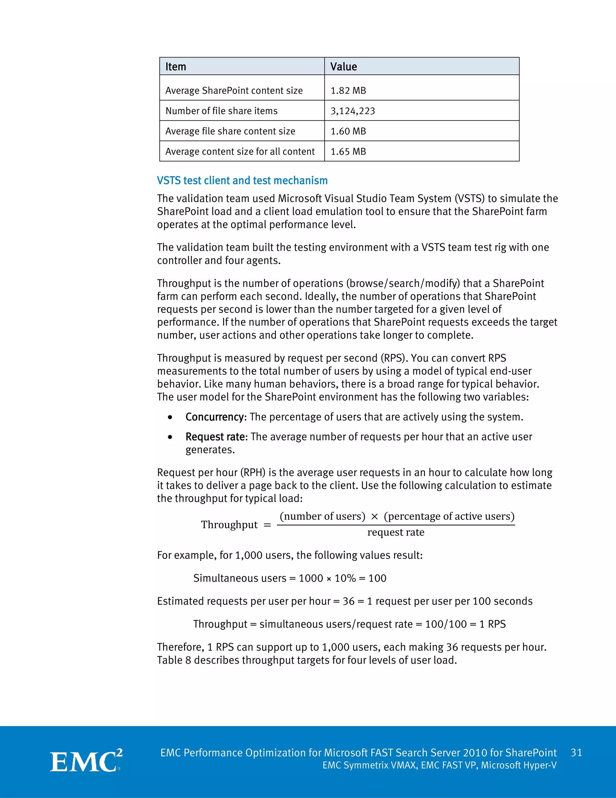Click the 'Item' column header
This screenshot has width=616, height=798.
[176, 67]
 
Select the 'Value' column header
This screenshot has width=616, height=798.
[343, 67]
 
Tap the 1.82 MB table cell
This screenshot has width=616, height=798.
[348, 90]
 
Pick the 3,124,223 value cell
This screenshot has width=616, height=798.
[353, 111]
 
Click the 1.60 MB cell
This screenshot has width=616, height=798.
[348, 131]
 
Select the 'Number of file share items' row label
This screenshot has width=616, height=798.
[221, 111]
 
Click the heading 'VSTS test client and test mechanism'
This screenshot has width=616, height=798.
[242, 180]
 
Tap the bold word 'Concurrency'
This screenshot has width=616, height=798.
[214, 417]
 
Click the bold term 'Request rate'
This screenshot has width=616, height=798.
[215, 437]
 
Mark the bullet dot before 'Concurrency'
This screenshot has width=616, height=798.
[170, 417]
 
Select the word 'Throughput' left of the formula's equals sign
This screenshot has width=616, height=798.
[229, 525]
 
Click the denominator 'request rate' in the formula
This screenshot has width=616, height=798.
[396, 532]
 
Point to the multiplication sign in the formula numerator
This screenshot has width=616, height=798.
[374, 517]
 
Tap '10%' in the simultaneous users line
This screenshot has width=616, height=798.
[345, 578]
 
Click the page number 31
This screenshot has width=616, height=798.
[576, 753]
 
